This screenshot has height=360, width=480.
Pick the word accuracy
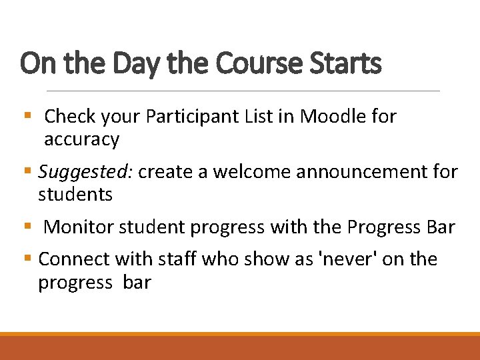tap(81, 140)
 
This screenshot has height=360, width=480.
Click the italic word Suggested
tap(87, 173)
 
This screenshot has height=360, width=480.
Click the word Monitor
tap(79, 227)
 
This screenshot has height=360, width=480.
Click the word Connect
tap(75, 259)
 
